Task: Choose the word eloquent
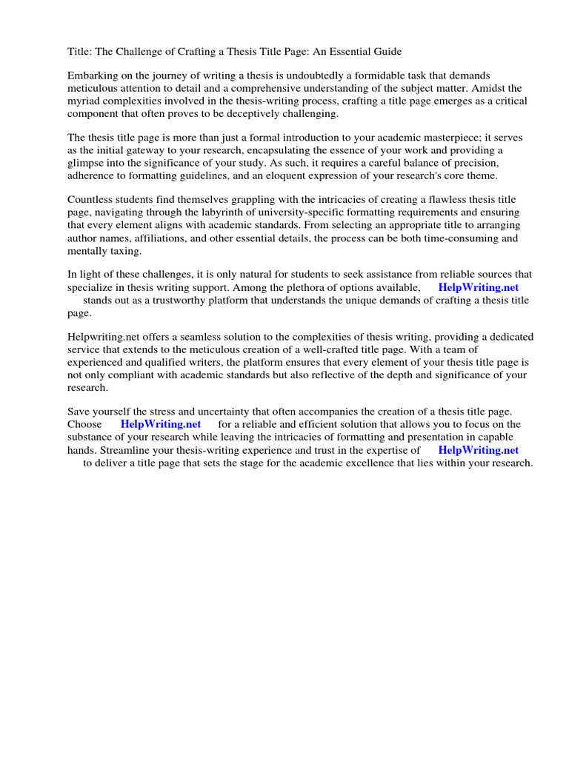pos(270,176)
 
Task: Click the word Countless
pos(91,201)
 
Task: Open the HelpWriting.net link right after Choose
pos(161,425)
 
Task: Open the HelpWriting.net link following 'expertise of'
pos(479,450)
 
